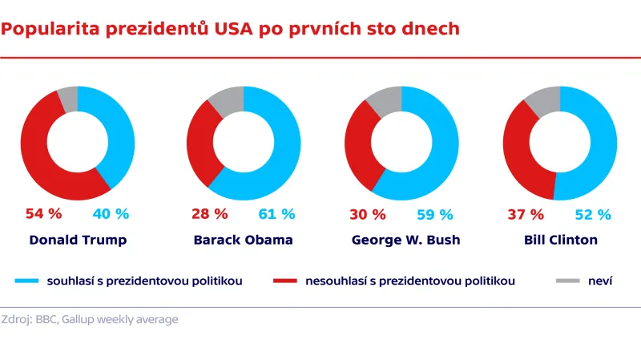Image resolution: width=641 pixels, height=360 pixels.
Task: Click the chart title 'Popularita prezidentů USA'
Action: click(x=230, y=30)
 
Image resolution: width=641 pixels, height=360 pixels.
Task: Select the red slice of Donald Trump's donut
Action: click(x=36, y=156)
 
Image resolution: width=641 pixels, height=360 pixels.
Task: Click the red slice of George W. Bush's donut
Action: click(x=357, y=152)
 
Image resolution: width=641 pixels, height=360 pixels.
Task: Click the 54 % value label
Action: click(x=43, y=214)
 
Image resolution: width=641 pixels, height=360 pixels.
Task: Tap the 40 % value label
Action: click(x=111, y=214)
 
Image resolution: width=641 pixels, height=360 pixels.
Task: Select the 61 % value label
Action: click(x=276, y=214)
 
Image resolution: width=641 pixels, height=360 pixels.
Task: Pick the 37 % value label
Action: click(x=526, y=214)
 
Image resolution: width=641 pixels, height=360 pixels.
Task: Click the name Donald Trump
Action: click(x=78, y=240)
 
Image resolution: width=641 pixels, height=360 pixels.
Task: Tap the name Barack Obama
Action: click(x=243, y=240)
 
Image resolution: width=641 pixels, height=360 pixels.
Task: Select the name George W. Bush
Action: click(x=401, y=240)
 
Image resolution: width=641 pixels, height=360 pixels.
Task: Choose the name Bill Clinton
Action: click(x=559, y=240)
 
